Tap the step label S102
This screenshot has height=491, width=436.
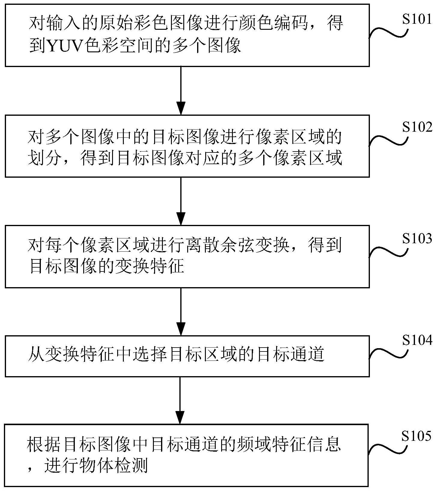coord(417,127)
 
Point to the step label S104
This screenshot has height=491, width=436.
coord(417,340)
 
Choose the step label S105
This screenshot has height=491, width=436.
coord(417,436)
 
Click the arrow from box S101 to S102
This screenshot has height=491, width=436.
coord(181,90)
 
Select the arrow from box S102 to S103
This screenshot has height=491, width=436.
coord(181,201)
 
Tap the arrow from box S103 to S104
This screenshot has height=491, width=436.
coord(181,311)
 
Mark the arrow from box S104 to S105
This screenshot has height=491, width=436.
coord(181,400)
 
